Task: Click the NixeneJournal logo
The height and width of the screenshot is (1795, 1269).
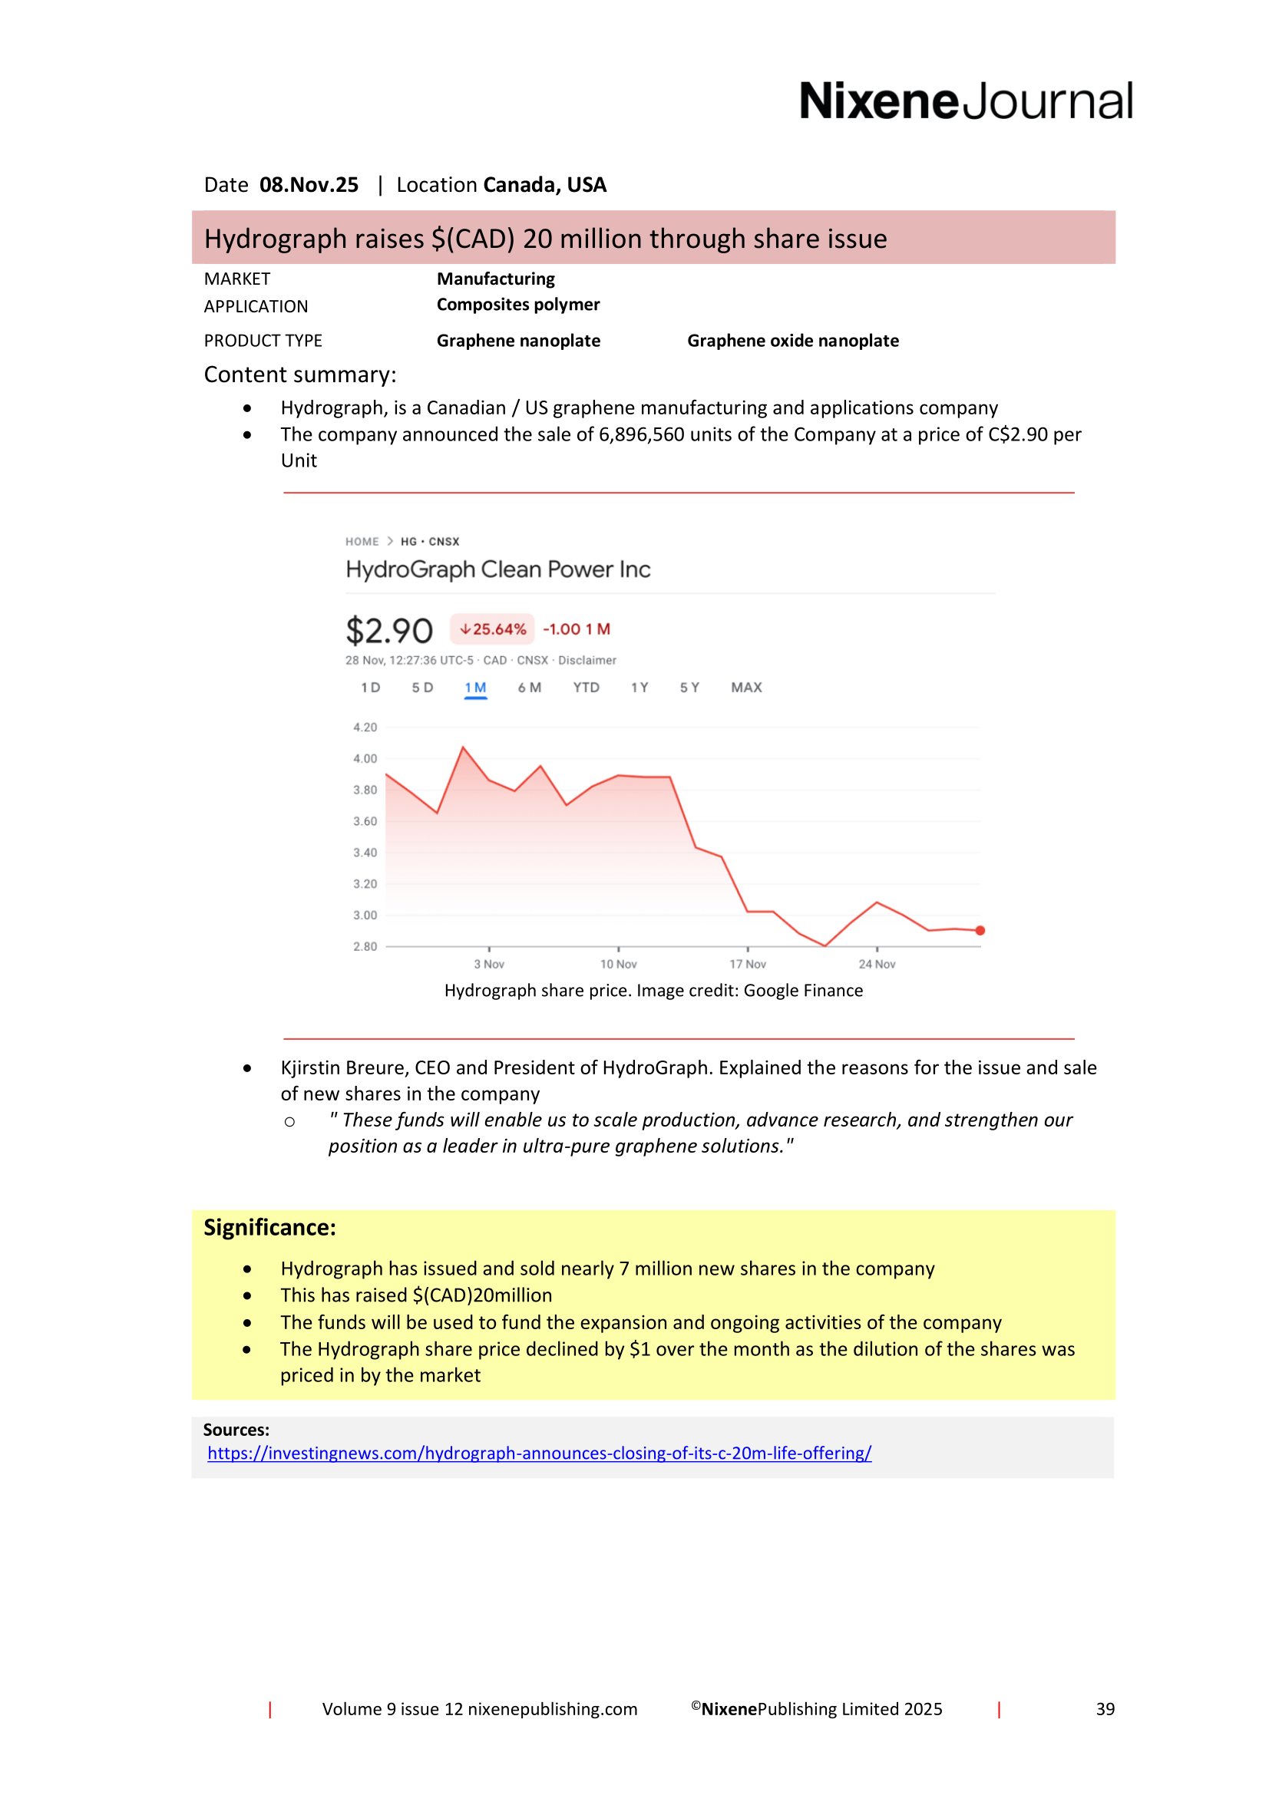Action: pos(965,101)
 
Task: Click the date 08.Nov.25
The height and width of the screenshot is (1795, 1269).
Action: pos(309,185)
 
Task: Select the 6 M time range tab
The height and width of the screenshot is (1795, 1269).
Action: pos(530,687)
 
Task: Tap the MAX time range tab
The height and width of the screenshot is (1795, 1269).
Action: pos(746,687)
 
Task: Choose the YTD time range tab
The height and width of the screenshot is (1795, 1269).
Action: pos(586,687)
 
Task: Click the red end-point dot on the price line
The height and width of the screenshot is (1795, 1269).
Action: pos(980,930)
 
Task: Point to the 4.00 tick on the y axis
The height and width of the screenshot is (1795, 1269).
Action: pos(365,758)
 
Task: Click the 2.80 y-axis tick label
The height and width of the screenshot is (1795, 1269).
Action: pos(365,947)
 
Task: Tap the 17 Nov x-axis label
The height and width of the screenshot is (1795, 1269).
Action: pos(748,964)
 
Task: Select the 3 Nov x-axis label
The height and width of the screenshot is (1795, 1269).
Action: pos(489,964)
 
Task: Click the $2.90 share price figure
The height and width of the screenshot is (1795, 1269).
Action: pos(388,631)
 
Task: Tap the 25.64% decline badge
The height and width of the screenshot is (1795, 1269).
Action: pos(493,629)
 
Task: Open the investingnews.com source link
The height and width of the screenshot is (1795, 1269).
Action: pos(539,1453)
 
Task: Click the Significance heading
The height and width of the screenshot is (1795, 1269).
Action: pos(269,1227)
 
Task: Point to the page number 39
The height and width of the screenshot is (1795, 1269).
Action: pos(1105,1709)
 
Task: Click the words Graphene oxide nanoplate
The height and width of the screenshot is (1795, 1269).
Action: pos(793,341)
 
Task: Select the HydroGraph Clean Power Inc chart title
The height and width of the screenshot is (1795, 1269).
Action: pos(498,569)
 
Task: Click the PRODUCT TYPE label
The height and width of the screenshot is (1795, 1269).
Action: pos(263,341)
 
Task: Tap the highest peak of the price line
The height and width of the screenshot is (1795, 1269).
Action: pos(463,748)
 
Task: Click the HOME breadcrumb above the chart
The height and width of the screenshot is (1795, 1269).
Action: pos(362,542)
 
